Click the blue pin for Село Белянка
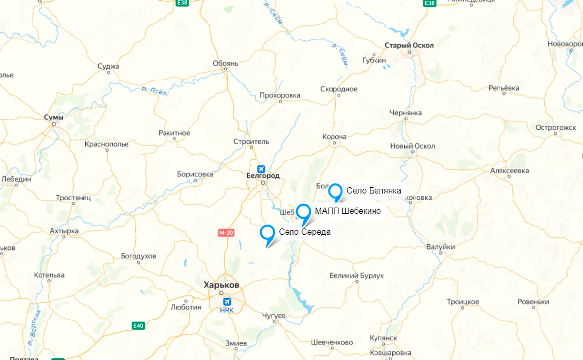pos(335,191)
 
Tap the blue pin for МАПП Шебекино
pos(303,211)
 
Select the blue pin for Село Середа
pos(267,232)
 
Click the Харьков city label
pos(221,285)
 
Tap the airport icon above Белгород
pos(261,168)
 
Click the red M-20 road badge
pos(225,232)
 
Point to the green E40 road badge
pos(138,326)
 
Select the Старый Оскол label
pos(409,45)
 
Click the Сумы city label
pos(53,117)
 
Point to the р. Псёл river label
pos(155,91)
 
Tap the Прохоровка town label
pos(280,95)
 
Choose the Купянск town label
pos(383,338)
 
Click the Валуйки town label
pos(440,247)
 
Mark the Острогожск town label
pos(555,127)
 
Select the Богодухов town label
pos(138,256)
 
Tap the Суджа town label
pos(109,66)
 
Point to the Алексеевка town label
pos(509,171)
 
